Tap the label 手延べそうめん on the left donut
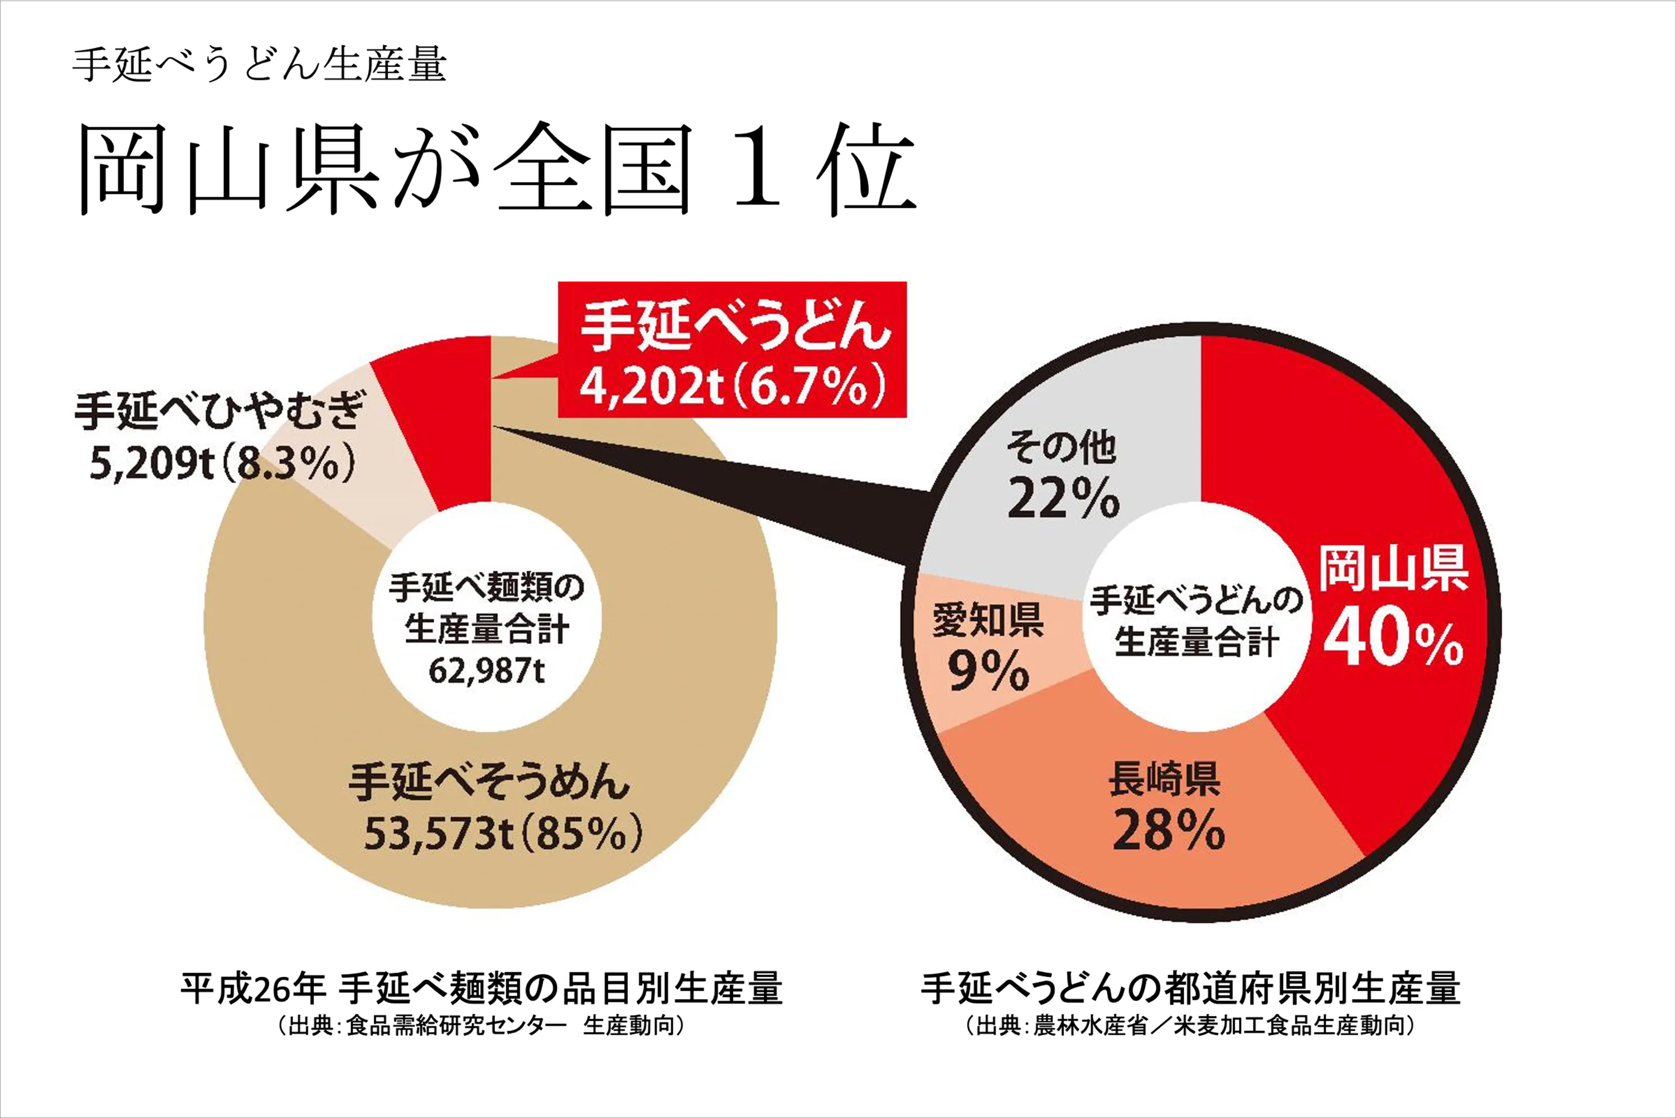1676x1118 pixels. (489, 782)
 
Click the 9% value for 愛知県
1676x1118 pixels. (988, 671)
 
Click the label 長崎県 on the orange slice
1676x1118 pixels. (1164, 779)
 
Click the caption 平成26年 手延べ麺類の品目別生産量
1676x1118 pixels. (481, 988)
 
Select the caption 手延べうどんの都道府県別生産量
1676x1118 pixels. (1191, 988)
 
